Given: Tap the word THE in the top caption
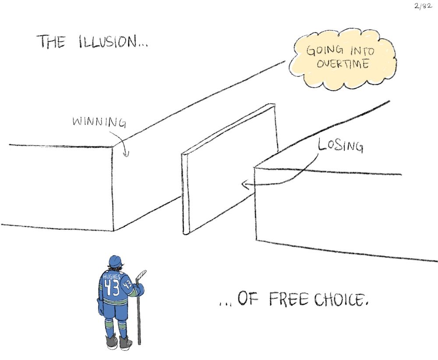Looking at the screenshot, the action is pos(52,41).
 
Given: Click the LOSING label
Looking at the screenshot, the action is pos(341,146).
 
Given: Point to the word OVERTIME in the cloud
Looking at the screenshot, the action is pos(343,64).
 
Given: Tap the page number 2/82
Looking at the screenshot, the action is pos(423,7).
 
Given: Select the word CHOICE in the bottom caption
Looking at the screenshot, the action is pos(339,299).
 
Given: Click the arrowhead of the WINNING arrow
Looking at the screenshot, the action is pos(126,154).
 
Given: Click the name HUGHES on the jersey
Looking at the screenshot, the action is pos(111,277).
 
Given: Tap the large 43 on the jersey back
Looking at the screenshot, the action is pos(111,288).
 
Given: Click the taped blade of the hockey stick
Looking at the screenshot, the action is pos(141,274).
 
